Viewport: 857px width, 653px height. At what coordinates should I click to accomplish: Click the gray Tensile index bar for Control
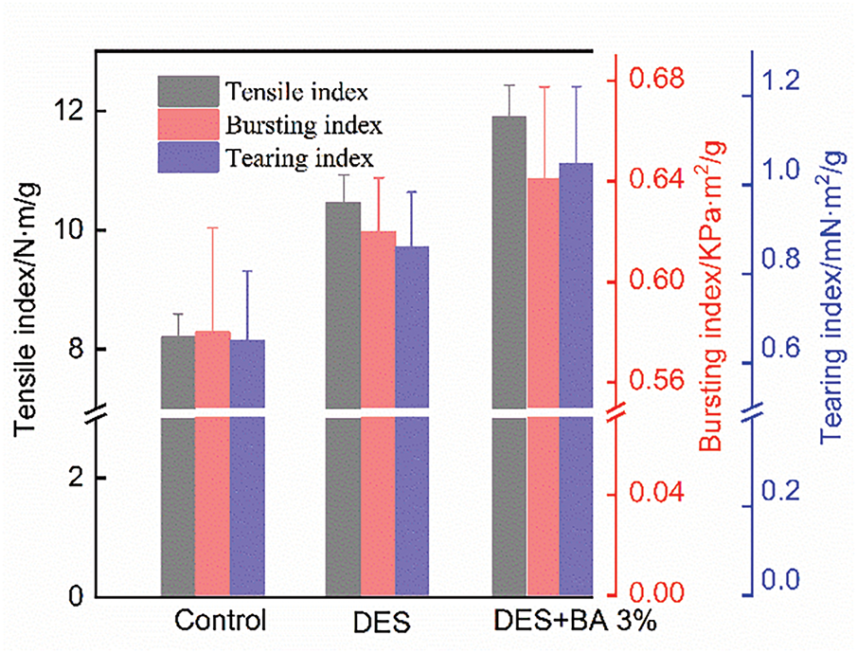tap(178, 474)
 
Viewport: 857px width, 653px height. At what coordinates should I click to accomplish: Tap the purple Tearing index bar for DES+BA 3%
tap(576, 379)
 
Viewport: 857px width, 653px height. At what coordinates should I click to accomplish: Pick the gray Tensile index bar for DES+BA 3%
tap(509, 360)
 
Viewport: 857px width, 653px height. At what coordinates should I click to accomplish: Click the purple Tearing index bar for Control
tap(247, 474)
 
